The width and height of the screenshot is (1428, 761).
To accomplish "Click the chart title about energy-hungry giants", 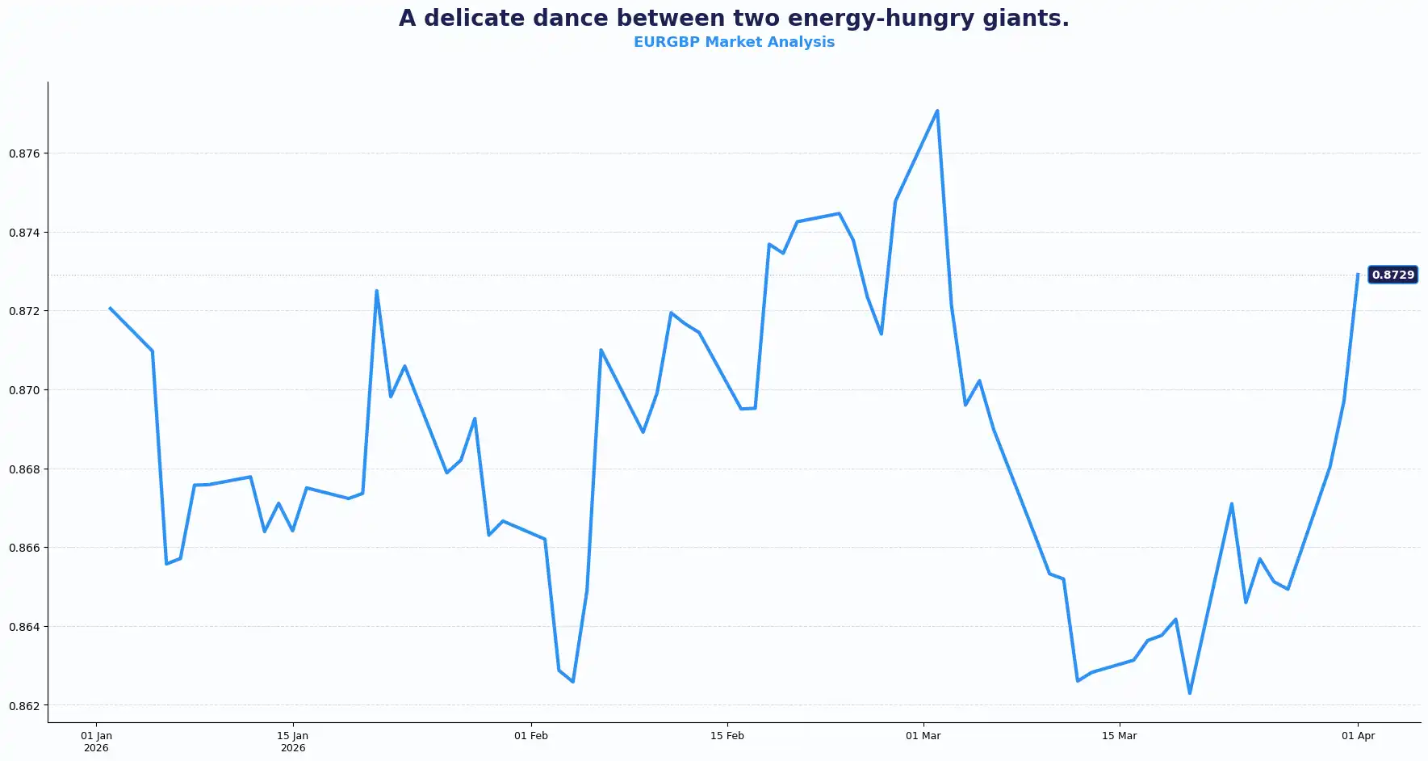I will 734,18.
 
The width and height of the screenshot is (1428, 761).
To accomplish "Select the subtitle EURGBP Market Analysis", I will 734,42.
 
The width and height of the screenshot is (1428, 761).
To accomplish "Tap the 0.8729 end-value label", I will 1392,275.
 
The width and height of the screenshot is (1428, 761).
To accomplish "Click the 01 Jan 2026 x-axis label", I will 96,742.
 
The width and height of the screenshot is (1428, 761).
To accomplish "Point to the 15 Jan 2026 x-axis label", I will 293,742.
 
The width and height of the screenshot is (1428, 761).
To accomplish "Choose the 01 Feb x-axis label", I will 531,736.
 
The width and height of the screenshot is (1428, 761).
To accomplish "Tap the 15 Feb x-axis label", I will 727,736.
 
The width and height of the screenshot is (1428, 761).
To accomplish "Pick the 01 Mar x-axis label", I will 923,736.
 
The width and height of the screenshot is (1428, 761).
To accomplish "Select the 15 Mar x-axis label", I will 1120,736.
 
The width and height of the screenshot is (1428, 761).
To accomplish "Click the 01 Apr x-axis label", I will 1359,736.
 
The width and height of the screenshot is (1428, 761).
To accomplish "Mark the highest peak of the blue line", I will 937,111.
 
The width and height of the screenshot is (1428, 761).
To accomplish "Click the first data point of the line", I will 111,308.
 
